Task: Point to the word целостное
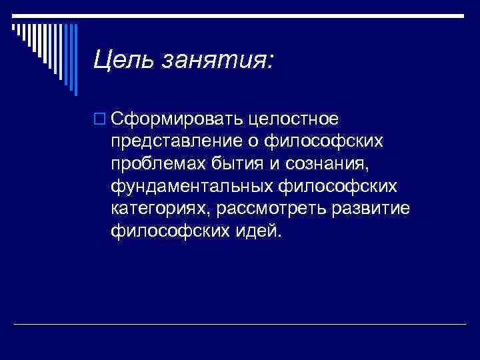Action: (x=293, y=119)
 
